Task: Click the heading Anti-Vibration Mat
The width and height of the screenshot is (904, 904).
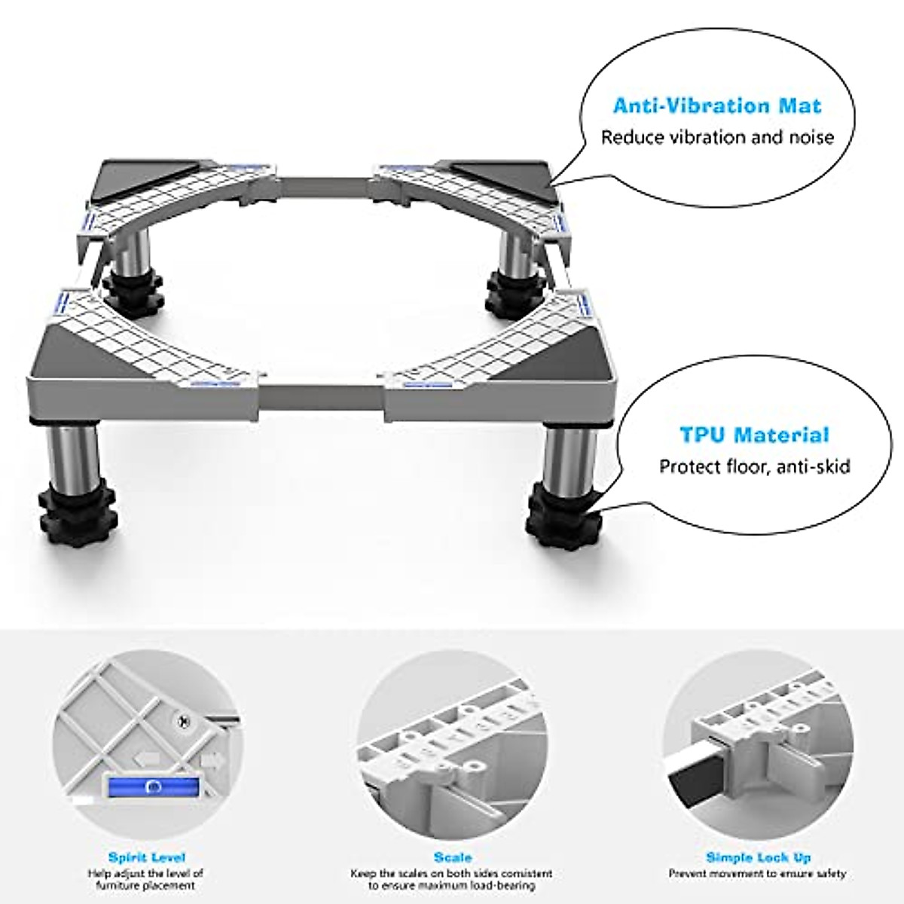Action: click(x=716, y=105)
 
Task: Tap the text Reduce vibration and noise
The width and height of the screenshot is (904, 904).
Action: click(x=716, y=137)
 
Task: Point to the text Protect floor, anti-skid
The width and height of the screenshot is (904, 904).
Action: click(x=755, y=466)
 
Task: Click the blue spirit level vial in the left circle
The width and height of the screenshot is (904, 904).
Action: click(x=154, y=786)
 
